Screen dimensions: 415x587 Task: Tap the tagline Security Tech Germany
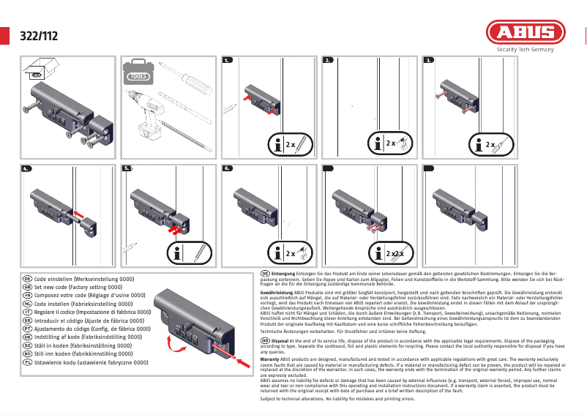pyautogui.click(x=526, y=51)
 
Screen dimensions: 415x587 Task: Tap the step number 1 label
pyautogui.click(x=228, y=61)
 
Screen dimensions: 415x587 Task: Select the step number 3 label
pyautogui.click(x=429, y=61)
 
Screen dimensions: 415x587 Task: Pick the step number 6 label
pyautogui.click(x=228, y=168)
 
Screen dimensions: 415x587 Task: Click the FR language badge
pyautogui.click(x=27, y=294)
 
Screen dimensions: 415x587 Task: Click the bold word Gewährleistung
pyautogui.click(x=277, y=292)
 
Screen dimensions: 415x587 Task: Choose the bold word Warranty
pyautogui.click(x=272, y=359)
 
